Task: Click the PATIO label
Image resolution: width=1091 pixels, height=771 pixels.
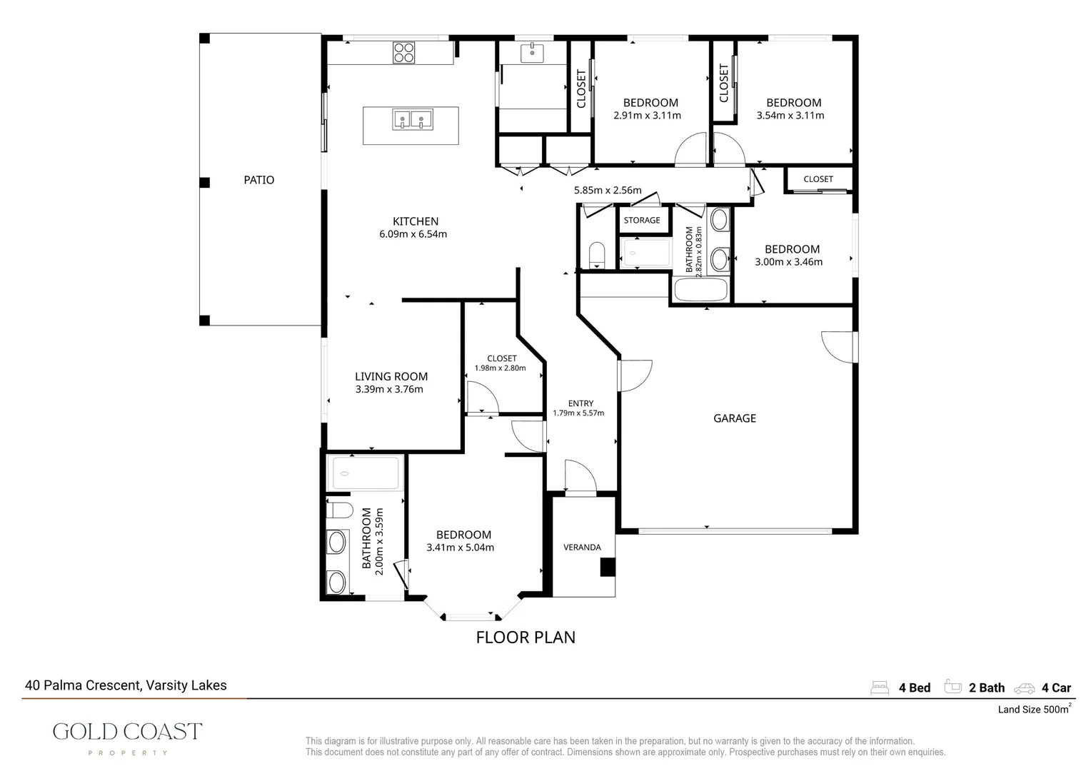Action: tap(259, 180)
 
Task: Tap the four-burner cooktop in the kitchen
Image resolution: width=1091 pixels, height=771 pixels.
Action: tap(403, 53)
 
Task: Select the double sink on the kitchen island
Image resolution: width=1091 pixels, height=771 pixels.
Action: tap(413, 120)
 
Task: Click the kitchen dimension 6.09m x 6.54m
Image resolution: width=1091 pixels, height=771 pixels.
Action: tap(413, 234)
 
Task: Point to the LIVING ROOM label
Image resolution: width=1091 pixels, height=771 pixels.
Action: tap(391, 376)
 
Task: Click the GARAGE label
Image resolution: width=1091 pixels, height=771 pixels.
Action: tap(735, 418)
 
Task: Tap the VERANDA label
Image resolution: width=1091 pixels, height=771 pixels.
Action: tap(582, 548)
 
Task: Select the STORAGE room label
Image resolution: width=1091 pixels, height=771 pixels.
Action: tap(642, 220)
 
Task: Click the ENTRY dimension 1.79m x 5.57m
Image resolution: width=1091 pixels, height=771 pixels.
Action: tap(578, 413)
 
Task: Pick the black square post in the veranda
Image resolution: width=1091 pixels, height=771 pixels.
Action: tap(608, 568)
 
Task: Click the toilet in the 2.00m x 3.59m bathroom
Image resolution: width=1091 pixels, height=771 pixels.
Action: tap(339, 510)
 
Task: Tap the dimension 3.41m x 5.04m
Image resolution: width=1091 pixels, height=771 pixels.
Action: tap(461, 548)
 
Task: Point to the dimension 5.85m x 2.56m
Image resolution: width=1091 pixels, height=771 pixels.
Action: tap(608, 191)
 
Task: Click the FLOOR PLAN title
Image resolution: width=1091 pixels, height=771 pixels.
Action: tap(526, 638)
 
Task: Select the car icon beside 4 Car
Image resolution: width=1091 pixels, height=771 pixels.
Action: tap(1025, 689)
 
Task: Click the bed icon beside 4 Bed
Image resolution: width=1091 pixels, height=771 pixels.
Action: tap(880, 687)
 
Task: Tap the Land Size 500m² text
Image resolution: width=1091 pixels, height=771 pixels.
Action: tap(1035, 709)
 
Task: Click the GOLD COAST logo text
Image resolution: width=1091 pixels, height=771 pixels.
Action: tap(128, 732)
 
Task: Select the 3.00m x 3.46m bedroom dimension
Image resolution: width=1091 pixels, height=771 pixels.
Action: tap(788, 262)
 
